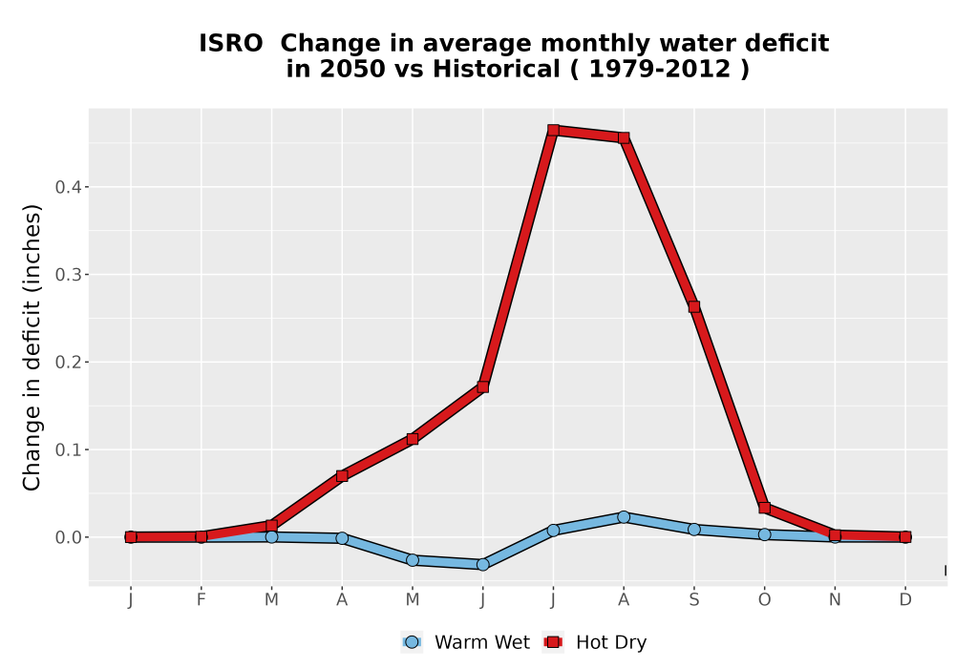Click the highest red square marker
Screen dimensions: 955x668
click(553, 130)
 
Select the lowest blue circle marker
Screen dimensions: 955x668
click(482, 565)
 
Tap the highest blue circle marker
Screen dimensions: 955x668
click(624, 517)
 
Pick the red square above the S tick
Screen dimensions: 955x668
click(693, 307)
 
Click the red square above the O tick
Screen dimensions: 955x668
click(764, 508)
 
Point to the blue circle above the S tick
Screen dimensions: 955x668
click(693, 530)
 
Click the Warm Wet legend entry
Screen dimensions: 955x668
click(465, 642)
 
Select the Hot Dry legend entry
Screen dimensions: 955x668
click(594, 642)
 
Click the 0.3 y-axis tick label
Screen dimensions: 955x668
click(68, 275)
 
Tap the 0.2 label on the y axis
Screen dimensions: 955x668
click(68, 362)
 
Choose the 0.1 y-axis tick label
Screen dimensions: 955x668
click(68, 449)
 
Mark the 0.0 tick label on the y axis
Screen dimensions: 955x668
click(68, 537)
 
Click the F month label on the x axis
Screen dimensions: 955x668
click(201, 600)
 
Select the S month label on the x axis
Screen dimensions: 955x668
click(693, 600)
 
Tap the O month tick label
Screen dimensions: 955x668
click(764, 600)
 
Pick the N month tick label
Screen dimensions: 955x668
click(835, 600)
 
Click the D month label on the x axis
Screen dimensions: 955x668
click(905, 600)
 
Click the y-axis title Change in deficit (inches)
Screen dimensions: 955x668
click(32, 347)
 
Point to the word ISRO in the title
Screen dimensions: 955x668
click(231, 43)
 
